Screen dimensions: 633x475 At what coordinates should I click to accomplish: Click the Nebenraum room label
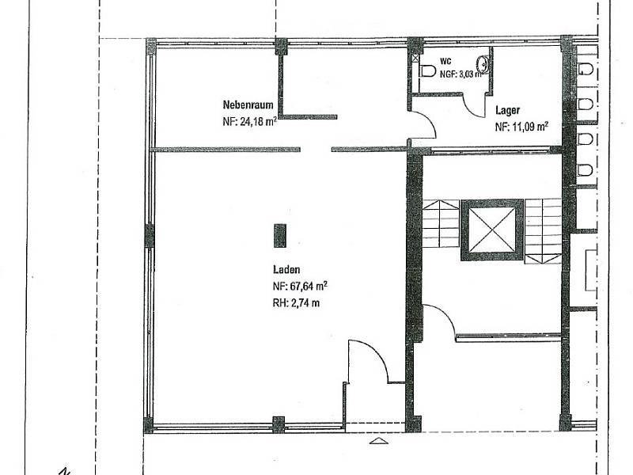pos(248,105)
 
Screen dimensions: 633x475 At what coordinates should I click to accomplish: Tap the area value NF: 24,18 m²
pos(249,121)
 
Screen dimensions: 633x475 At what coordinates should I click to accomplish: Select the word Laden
pos(286,270)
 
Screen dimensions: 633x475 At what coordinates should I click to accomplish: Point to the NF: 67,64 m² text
pos(300,286)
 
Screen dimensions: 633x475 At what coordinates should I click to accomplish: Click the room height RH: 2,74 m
pos(296,302)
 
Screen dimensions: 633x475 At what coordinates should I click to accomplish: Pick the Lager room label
pos(507,110)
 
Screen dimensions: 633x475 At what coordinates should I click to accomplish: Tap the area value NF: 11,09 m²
pos(521,127)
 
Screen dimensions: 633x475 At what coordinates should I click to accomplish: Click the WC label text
pos(445,62)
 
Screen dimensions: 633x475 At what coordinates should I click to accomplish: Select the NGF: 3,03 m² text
pos(461,74)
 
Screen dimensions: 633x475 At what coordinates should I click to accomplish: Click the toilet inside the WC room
pos(427,71)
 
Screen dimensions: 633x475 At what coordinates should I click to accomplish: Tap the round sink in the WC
pos(483,64)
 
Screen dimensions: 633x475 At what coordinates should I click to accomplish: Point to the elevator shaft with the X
pos(492,230)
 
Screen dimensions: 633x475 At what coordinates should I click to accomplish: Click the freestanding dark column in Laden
pos(280,235)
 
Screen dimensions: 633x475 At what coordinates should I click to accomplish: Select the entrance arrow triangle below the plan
pos(379,441)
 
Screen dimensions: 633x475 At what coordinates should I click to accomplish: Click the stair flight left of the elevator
pos(441,223)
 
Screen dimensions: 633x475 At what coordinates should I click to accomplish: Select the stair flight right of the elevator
pos(543,231)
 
